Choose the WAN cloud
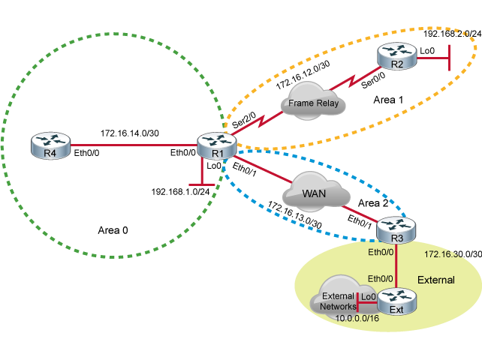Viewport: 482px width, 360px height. tap(316, 193)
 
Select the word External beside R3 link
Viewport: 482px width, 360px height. tap(436, 280)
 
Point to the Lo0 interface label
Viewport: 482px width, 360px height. tap(369, 297)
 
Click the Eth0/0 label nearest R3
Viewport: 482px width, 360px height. tap(380, 252)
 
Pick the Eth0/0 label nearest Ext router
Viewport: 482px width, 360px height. tap(380, 278)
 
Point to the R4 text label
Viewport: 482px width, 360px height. tap(50, 154)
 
